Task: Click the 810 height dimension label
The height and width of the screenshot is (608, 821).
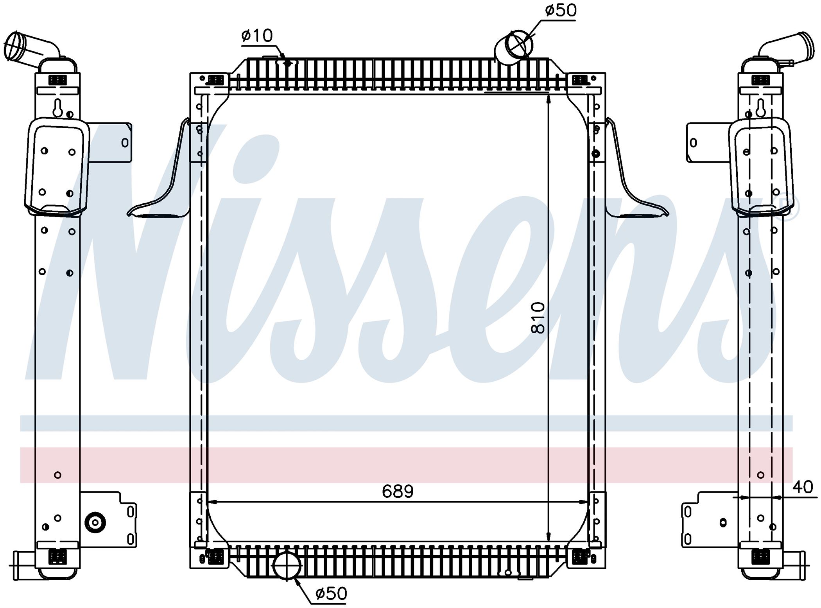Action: [538, 317]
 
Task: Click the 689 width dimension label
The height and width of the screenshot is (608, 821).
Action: [398, 491]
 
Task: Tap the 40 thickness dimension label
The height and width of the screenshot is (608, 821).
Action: [803, 487]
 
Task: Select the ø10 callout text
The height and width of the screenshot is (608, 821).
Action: [257, 36]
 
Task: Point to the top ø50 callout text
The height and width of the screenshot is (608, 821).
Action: [561, 11]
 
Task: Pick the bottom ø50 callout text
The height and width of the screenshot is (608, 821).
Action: [331, 594]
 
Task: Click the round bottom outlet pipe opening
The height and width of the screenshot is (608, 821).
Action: [287, 565]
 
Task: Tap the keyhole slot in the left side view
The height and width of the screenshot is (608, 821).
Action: [58, 108]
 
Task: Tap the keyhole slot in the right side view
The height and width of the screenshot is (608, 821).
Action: [760, 108]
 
